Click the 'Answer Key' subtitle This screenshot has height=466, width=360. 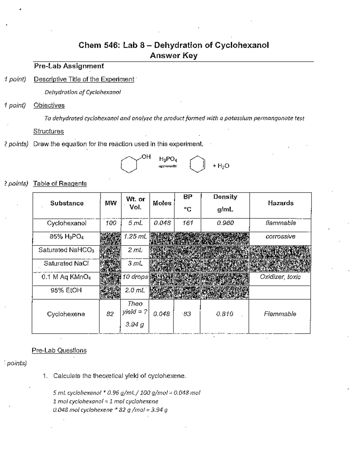[x=173, y=56]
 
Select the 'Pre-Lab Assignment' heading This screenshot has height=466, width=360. [x=69, y=66]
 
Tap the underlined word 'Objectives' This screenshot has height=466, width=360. [x=49, y=105]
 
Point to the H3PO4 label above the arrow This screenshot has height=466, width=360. [x=168, y=159]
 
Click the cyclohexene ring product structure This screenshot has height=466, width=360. [x=197, y=164]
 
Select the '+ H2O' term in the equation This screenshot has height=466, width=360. [x=221, y=166]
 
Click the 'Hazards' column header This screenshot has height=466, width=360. [x=280, y=203]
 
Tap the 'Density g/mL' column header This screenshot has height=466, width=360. [x=225, y=203]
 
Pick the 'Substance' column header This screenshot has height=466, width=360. [x=67, y=203]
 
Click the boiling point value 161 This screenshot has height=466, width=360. [x=187, y=223]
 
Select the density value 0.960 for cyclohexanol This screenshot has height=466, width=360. [x=225, y=223]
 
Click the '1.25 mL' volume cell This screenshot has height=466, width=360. [x=135, y=236]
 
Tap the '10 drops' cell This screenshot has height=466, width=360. [x=135, y=277]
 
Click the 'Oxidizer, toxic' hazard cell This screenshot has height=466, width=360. [x=280, y=277]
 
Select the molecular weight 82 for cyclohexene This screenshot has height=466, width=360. [x=110, y=314]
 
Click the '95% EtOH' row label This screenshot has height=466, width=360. [x=66, y=290]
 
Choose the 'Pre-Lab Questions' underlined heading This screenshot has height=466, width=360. [x=59, y=350]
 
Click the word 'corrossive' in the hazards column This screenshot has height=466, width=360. [x=280, y=236]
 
